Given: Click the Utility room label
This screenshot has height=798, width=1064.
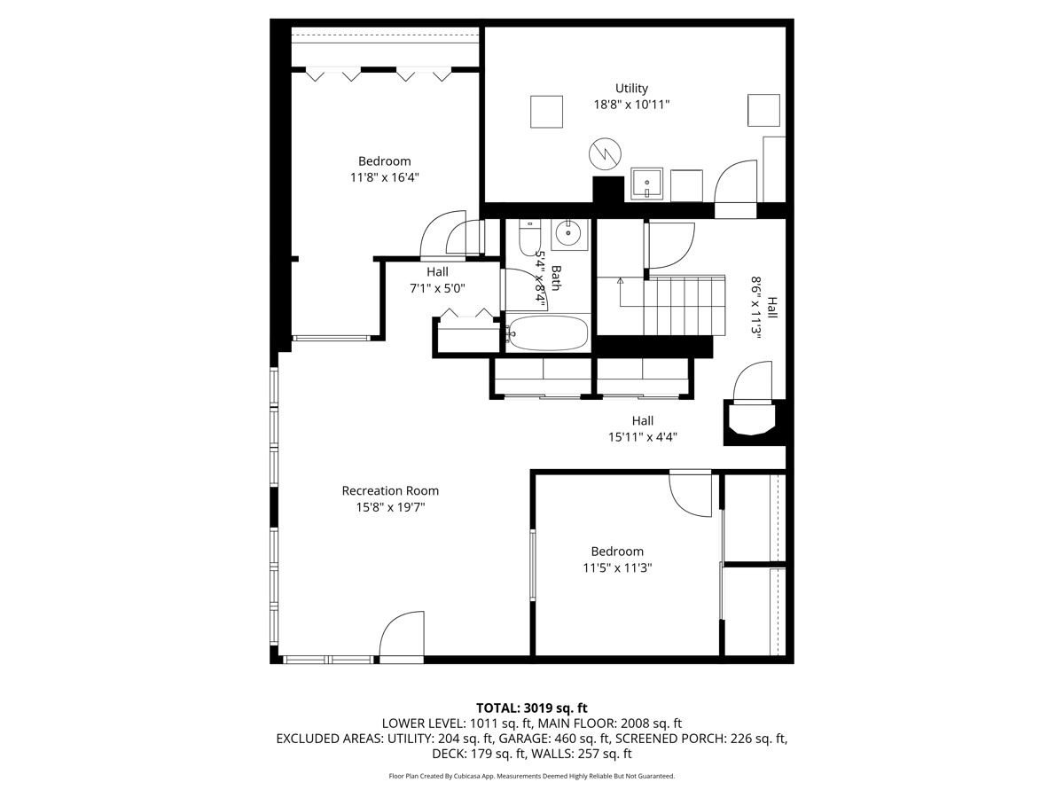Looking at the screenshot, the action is [631, 88].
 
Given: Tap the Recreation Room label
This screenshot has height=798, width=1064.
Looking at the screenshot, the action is [390, 491].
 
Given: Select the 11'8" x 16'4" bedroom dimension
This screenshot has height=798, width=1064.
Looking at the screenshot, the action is [385, 177].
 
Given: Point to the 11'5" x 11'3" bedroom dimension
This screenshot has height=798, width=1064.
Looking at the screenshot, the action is [617, 567].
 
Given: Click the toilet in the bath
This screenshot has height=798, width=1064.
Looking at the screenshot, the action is [528, 238].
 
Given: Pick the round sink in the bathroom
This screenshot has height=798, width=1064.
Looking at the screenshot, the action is [569, 234].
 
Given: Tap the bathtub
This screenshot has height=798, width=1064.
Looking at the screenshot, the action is [548, 332].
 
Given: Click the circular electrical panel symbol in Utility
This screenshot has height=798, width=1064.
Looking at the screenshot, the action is [605, 153].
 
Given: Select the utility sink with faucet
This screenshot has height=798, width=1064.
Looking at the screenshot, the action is [646, 184].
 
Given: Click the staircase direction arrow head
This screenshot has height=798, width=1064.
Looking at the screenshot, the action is [620, 280].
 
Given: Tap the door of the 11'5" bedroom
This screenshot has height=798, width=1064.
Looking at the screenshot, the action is [690, 494].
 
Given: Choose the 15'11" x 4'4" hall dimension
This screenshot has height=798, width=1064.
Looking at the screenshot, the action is [642, 437].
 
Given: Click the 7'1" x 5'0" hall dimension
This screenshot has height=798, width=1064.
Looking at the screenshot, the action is [437, 289].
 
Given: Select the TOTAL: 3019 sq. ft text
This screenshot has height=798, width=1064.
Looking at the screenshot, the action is [532, 708].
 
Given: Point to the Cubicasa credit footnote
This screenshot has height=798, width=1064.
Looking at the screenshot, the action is [532, 776].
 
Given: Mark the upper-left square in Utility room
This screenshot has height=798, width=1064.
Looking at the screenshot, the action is [546, 112].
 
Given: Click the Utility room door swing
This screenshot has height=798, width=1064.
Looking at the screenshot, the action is [735, 181].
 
